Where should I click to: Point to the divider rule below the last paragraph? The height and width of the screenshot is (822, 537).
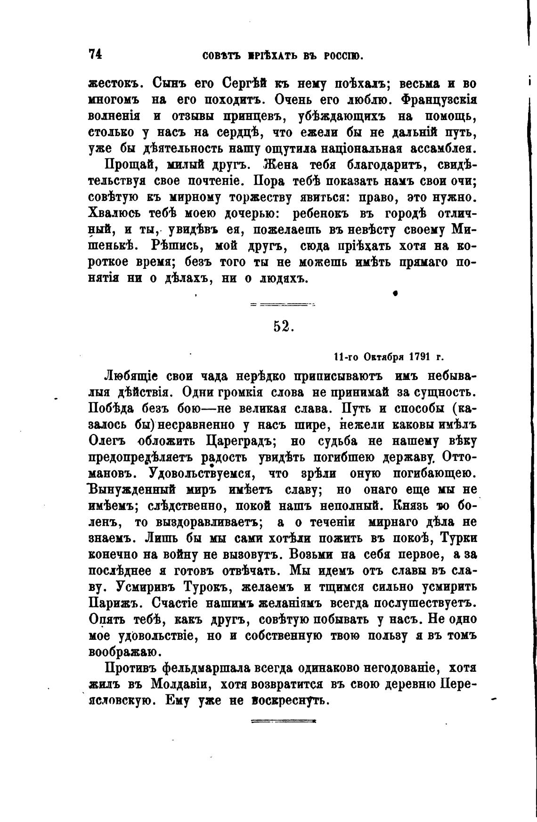(x=283, y=721)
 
